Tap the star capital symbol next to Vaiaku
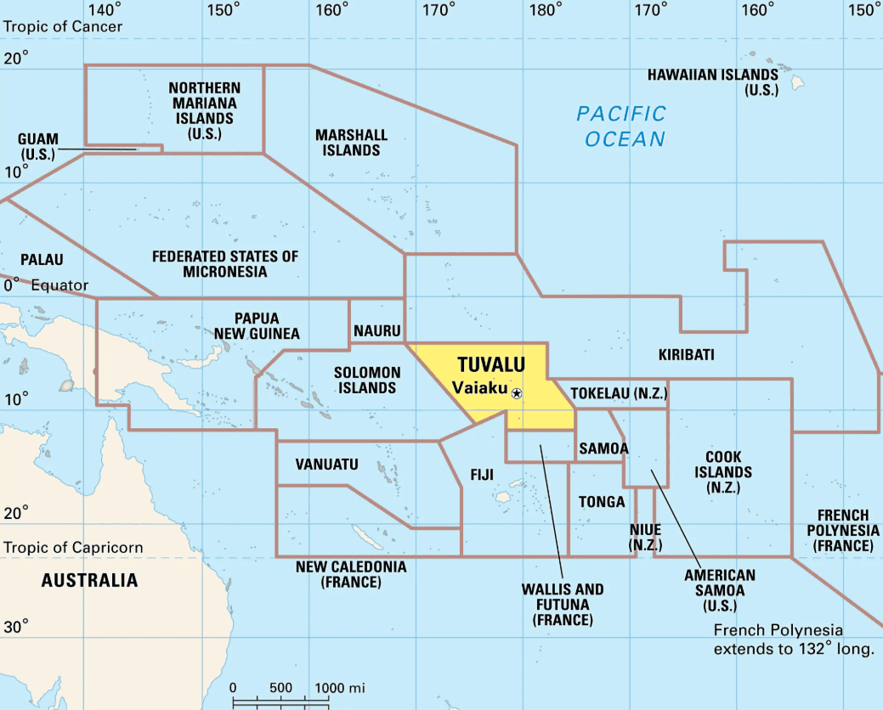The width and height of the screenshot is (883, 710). (x=517, y=393)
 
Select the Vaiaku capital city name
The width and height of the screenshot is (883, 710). (x=479, y=388)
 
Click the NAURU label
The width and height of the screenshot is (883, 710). (x=376, y=330)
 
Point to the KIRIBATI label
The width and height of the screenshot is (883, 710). (x=686, y=354)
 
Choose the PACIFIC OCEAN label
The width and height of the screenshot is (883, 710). (x=622, y=127)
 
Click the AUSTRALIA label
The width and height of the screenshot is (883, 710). (x=89, y=581)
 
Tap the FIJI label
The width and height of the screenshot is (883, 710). (x=482, y=475)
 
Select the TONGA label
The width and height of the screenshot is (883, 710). (x=602, y=502)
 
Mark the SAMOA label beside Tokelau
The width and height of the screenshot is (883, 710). (x=603, y=448)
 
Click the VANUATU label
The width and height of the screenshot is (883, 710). (x=326, y=465)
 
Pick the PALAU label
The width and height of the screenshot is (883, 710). (x=42, y=259)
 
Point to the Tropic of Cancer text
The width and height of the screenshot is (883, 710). (x=63, y=26)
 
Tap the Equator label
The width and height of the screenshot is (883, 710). (x=59, y=285)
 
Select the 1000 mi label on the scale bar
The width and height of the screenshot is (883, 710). (x=340, y=687)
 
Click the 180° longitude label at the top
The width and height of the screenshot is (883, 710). (x=544, y=10)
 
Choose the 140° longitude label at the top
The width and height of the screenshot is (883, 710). (x=105, y=10)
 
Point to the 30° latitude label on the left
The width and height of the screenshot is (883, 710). (x=15, y=627)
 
